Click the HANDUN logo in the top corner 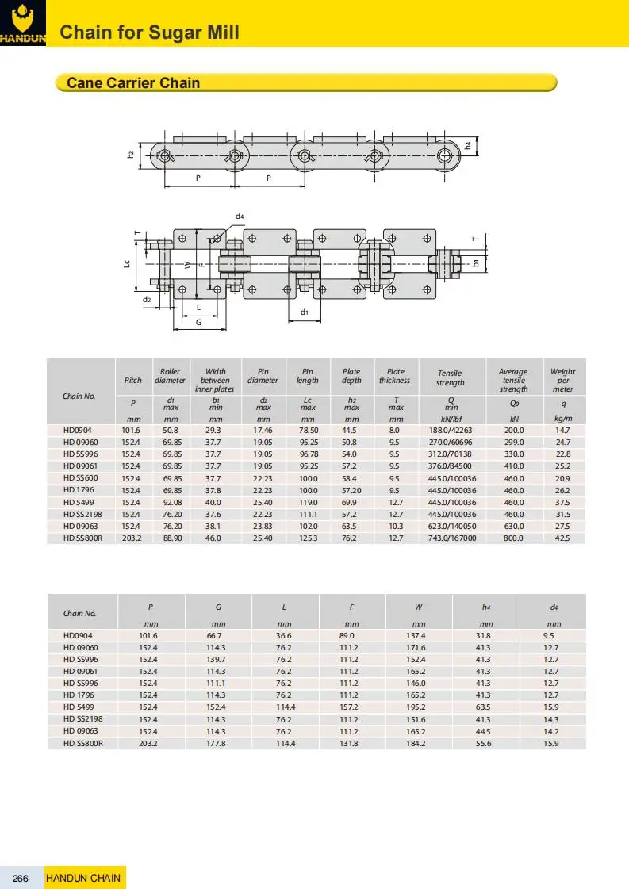[x=23, y=23]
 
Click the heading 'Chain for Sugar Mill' [x=150, y=33]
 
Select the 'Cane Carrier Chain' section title [x=133, y=82]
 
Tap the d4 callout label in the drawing [x=240, y=216]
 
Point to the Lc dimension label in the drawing [x=127, y=263]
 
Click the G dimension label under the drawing [x=198, y=323]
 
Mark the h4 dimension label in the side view [x=468, y=146]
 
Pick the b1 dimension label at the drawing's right [x=476, y=263]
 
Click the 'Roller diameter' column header [x=171, y=376]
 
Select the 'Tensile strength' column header [x=451, y=377]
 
